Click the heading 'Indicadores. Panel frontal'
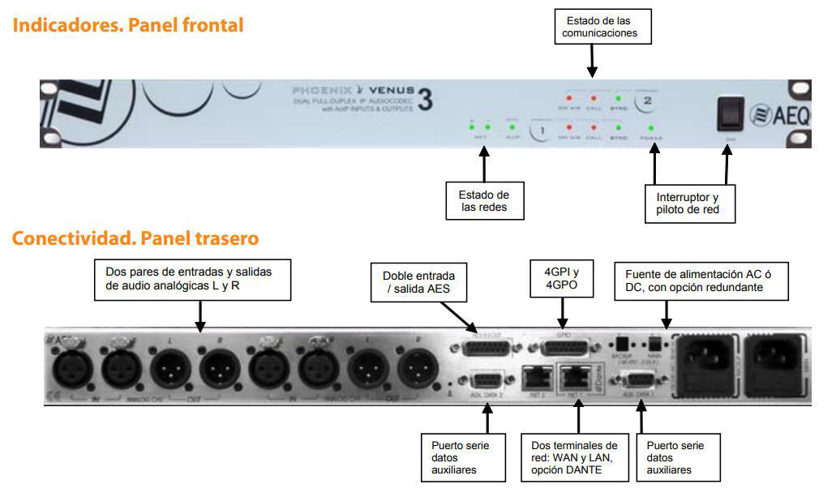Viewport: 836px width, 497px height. [128, 25]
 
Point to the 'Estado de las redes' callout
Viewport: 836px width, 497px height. [484, 201]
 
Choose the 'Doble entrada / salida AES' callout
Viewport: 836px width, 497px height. [414, 282]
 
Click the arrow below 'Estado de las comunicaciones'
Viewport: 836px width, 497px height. [592, 60]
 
